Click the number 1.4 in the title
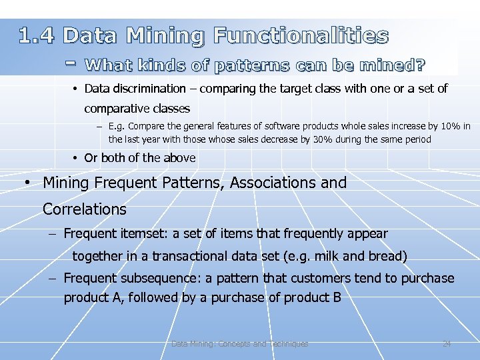point(36,36)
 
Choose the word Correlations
point(84,209)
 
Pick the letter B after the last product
point(336,297)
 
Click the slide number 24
point(447,344)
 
